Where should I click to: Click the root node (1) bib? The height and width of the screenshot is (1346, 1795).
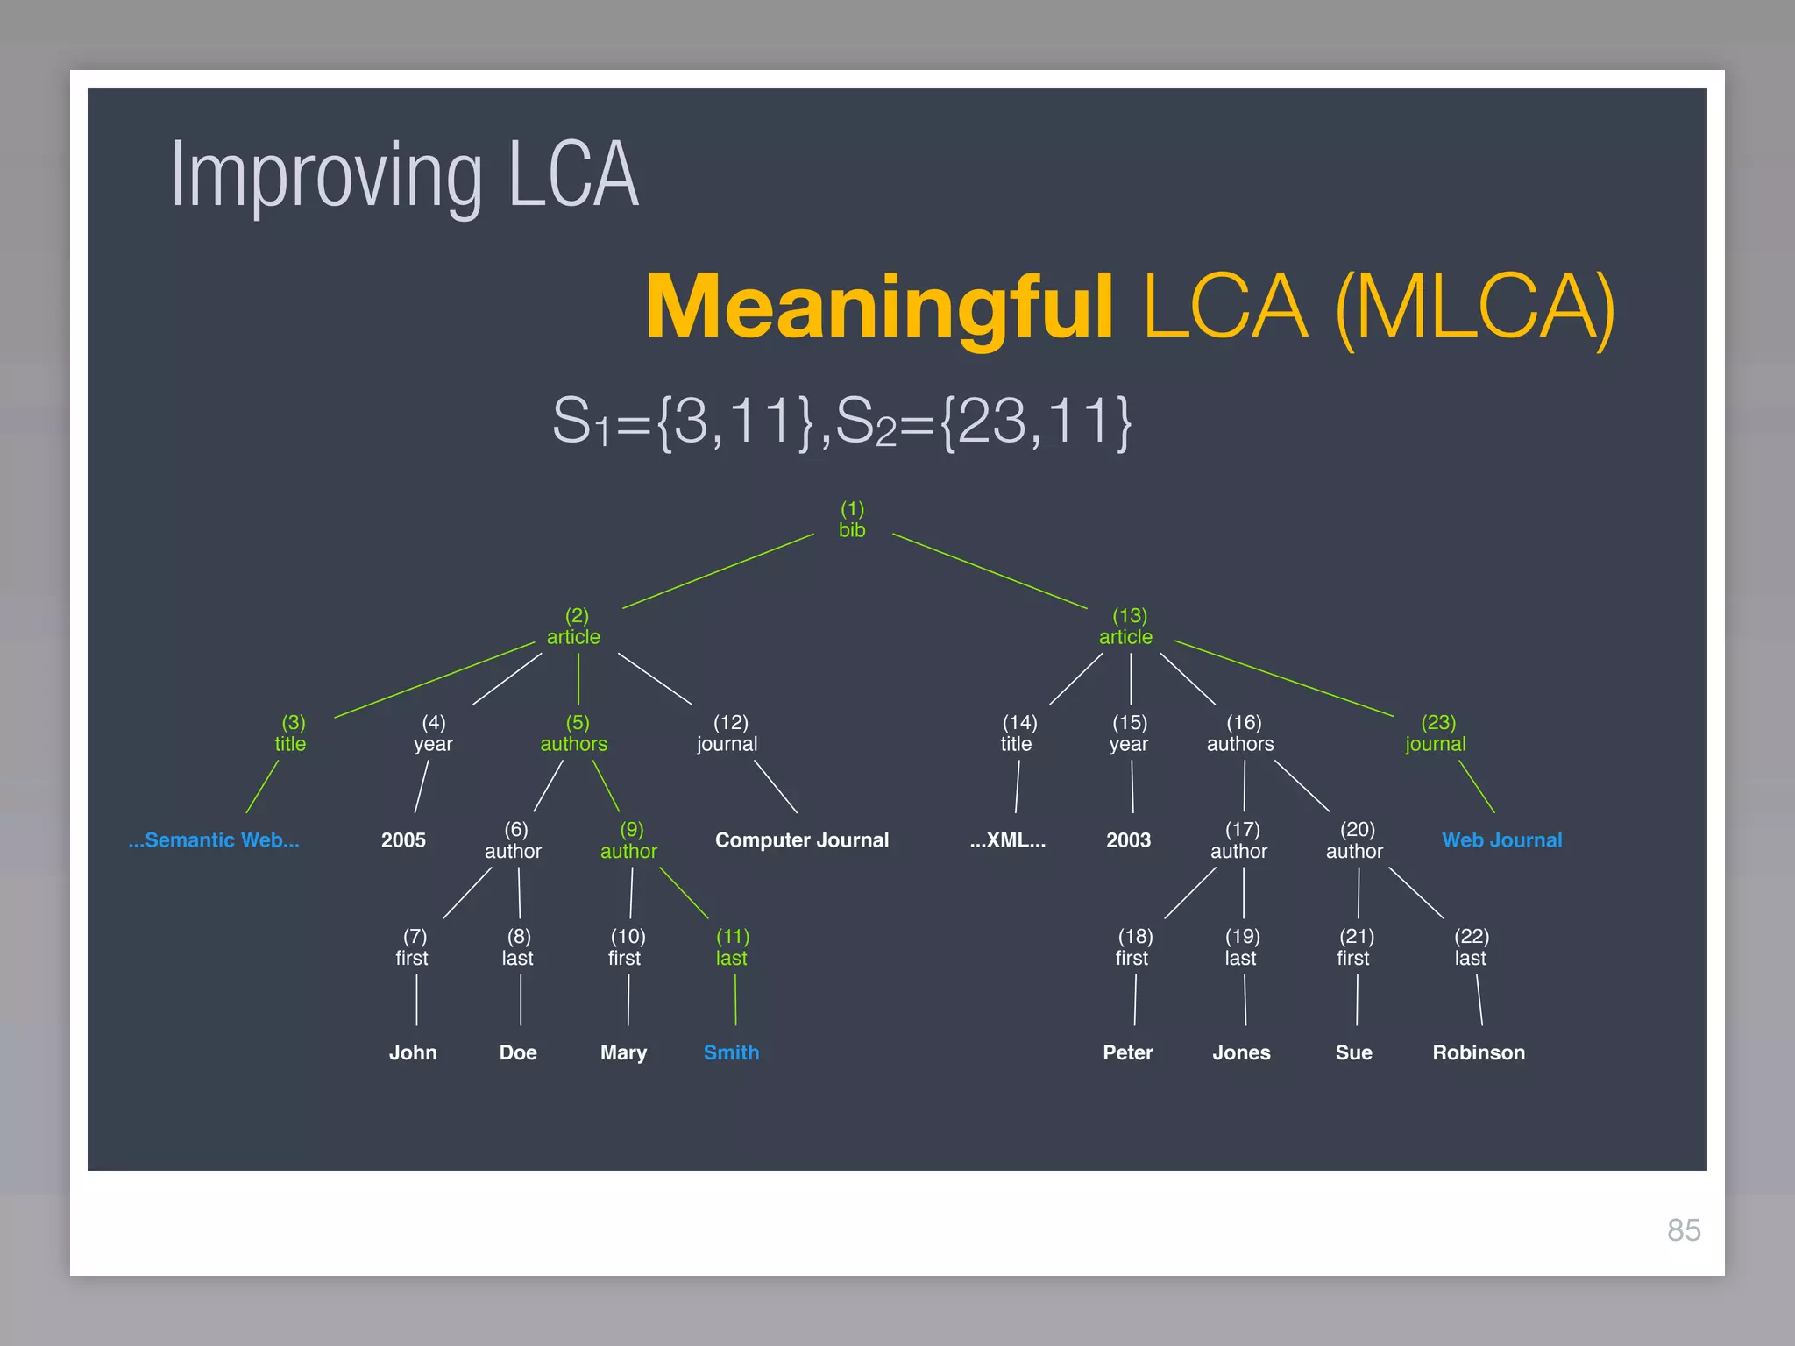[x=852, y=520]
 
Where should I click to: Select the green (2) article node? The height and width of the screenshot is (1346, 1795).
[x=574, y=627]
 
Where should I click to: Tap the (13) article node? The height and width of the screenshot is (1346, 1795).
[x=1126, y=627]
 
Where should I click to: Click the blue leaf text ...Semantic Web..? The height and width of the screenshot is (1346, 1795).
[x=214, y=839]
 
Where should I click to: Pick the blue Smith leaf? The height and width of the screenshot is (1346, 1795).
[x=731, y=1052]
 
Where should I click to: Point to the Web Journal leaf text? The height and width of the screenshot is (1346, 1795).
[x=1501, y=839]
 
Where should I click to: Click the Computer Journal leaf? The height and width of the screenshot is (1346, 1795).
[x=802, y=839]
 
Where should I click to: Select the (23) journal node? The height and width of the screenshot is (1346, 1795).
[x=1436, y=733]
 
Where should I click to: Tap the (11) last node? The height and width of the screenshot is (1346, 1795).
[x=732, y=947]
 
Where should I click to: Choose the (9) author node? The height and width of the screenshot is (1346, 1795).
[x=629, y=840]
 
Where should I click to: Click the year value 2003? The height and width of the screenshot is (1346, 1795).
[x=1128, y=839]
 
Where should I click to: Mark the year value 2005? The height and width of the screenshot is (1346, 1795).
[x=403, y=839]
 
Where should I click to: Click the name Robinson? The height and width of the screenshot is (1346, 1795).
[x=1479, y=1052]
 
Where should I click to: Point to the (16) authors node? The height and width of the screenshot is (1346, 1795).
[x=1241, y=733]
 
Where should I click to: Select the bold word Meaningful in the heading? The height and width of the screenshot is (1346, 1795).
[x=879, y=306]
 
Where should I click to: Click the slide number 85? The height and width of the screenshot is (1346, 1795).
[x=1684, y=1230]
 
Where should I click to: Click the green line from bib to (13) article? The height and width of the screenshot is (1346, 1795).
[x=990, y=570]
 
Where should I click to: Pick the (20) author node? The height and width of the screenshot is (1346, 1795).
[x=1355, y=840]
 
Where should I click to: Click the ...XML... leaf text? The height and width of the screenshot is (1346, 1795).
[x=1008, y=839]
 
